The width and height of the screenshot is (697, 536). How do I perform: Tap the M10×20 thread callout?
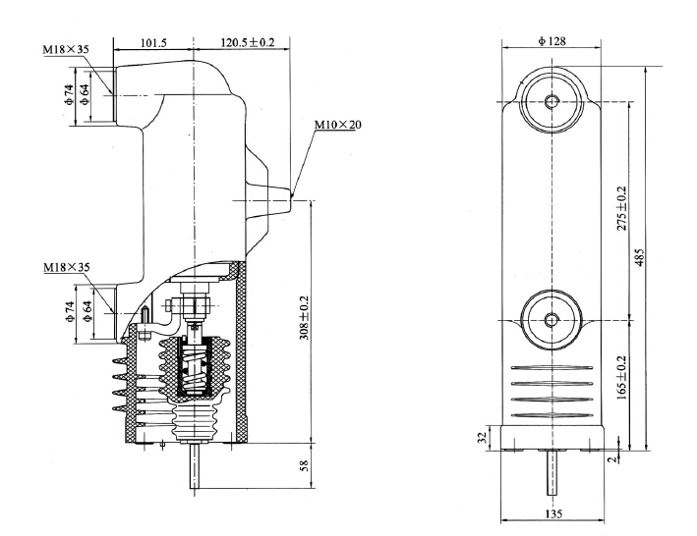point(337,125)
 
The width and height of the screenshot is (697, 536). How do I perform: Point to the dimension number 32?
point(482,437)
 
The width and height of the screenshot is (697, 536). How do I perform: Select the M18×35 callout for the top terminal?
point(67,47)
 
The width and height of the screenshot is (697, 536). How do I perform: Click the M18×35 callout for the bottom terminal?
point(67,267)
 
